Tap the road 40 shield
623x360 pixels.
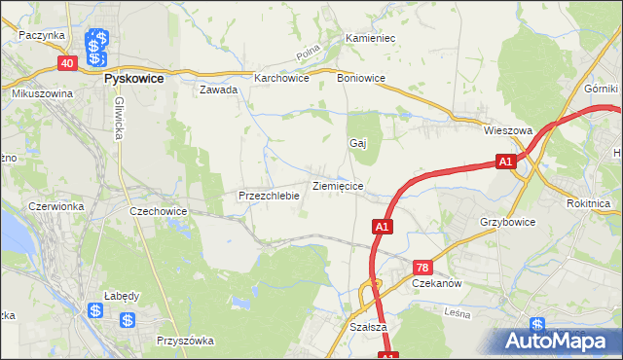click(x=66, y=63)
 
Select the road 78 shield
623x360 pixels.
click(x=422, y=267)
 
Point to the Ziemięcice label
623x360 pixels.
click(x=338, y=185)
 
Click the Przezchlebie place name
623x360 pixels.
click(x=269, y=196)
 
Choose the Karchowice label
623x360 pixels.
click(x=281, y=79)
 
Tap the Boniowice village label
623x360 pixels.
click(x=361, y=78)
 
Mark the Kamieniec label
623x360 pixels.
click(x=369, y=39)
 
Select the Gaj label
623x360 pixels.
click(x=357, y=143)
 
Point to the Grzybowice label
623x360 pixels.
click(x=507, y=222)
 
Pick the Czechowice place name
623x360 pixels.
click(x=158, y=210)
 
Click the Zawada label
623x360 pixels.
click(x=219, y=90)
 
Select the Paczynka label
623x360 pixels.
click(x=41, y=35)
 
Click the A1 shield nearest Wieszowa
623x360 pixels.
click(x=504, y=162)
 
